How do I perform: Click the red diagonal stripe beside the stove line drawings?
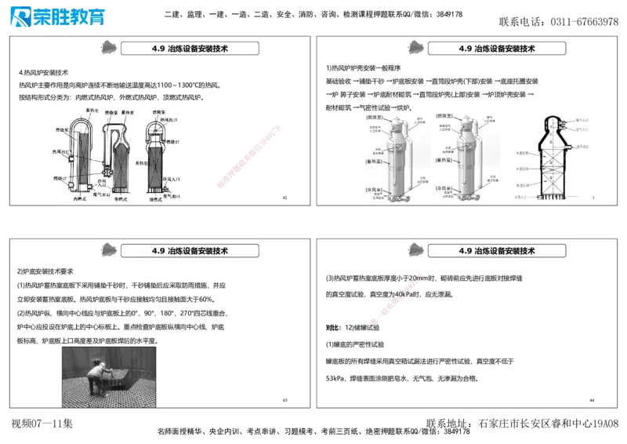pyautogui.click(x=247, y=155)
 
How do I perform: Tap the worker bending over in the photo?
pyautogui.click(x=99, y=377)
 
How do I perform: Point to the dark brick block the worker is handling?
pyautogui.click(x=113, y=380)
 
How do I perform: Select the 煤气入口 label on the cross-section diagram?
pyautogui.click(x=583, y=119)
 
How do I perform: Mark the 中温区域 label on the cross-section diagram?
pyautogui.click(x=521, y=168)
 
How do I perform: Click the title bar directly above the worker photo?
pyautogui.click(x=191, y=251)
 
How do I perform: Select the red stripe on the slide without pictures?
pyautogui.click(x=398, y=298)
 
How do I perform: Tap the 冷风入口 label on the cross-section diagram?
pyautogui.click(x=521, y=198)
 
